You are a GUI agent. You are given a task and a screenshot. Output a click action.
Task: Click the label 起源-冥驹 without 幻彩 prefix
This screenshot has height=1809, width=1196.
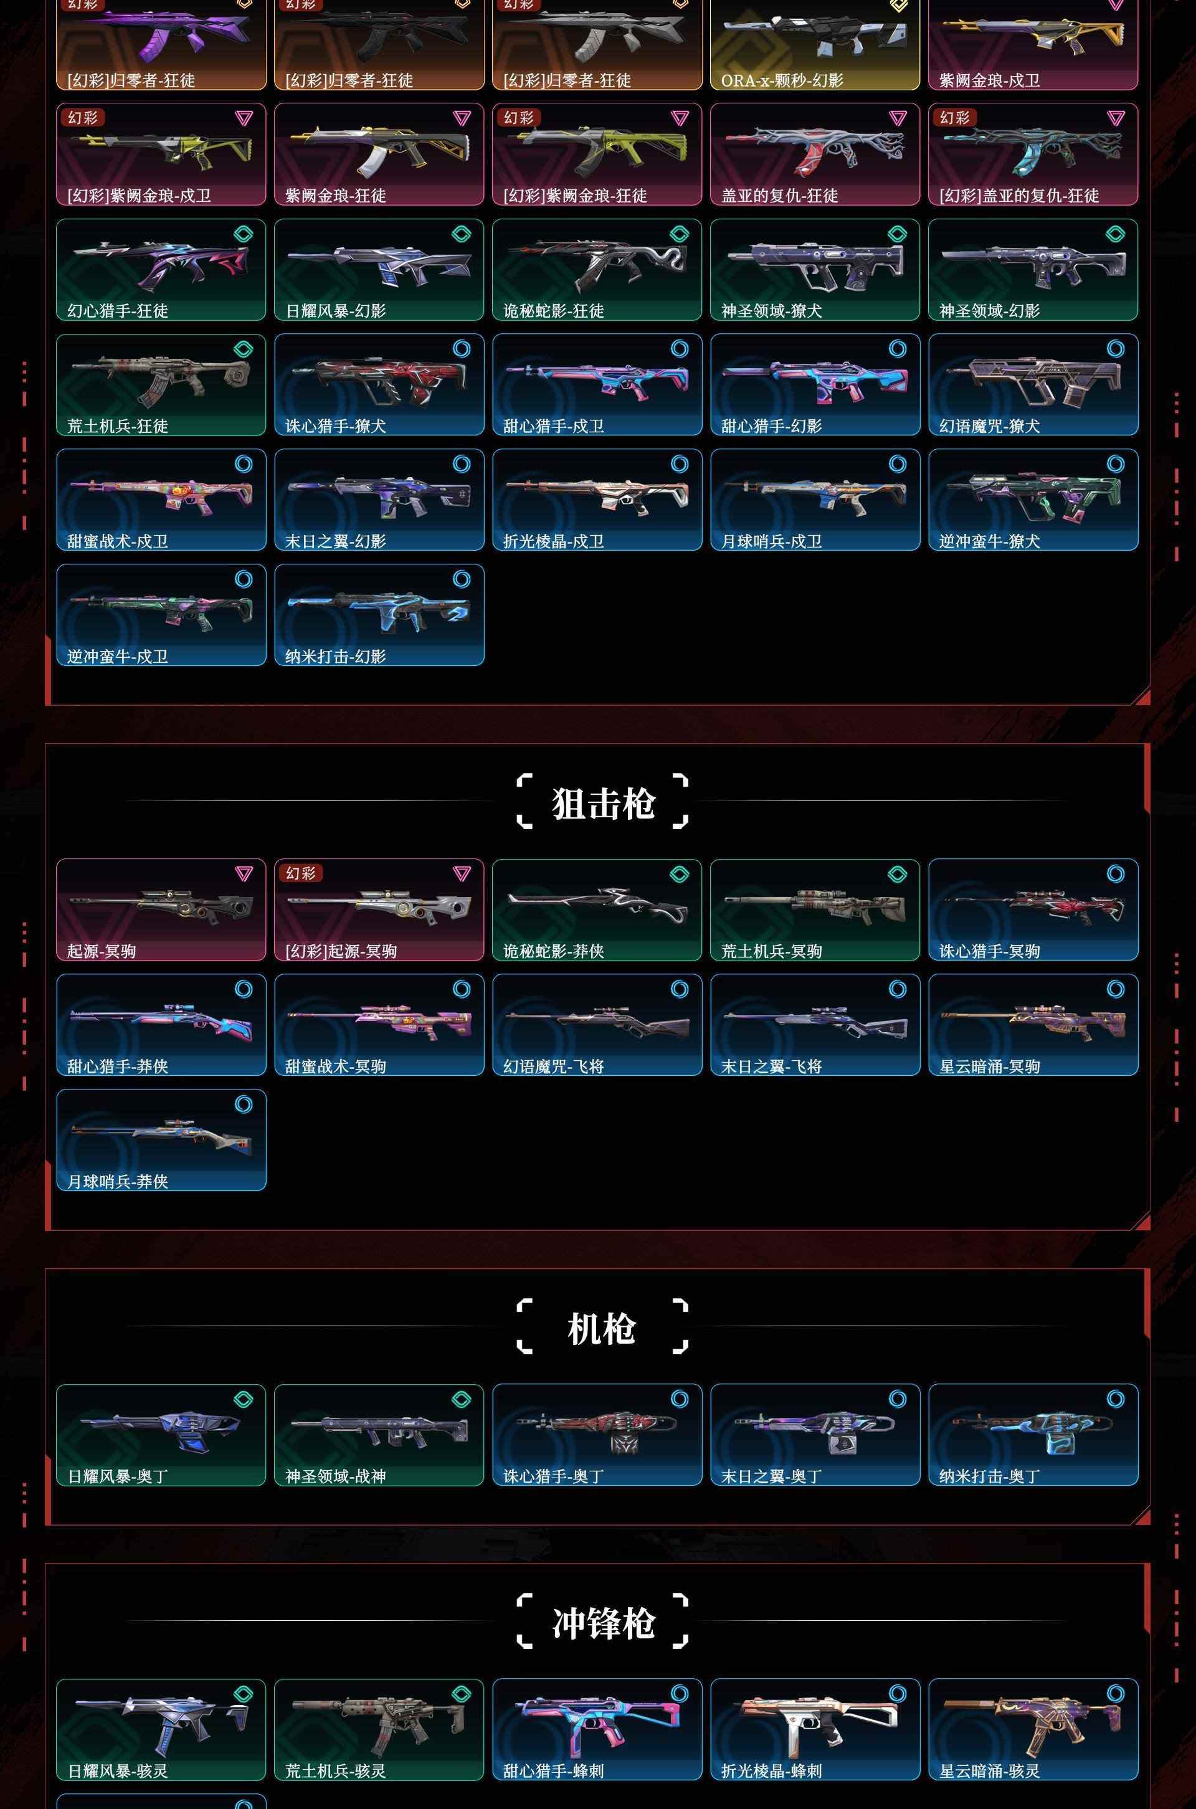pyautogui.click(x=102, y=951)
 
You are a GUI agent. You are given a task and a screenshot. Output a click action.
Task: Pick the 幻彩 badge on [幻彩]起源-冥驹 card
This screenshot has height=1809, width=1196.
pyautogui.click(x=300, y=873)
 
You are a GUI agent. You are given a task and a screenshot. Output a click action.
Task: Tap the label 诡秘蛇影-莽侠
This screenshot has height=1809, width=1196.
pyautogui.click(x=554, y=951)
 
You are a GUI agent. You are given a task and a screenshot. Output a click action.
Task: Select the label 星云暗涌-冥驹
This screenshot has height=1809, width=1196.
pyautogui.click(x=989, y=1066)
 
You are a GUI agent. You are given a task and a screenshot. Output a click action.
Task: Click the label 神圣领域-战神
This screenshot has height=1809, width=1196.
pyautogui.click(x=336, y=1476)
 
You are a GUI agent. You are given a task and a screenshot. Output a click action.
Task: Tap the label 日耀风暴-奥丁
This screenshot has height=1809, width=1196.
pyautogui.click(x=118, y=1476)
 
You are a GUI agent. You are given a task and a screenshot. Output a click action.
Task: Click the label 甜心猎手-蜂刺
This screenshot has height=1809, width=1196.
pyautogui.click(x=554, y=1771)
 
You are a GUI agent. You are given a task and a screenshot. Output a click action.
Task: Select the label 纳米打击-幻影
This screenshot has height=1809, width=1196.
pyautogui.click(x=336, y=657)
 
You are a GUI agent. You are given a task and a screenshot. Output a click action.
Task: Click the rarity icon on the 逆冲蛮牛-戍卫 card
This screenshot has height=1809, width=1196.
pyautogui.click(x=244, y=579)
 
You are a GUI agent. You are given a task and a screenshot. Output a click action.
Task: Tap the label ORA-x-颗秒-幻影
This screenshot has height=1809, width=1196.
pyautogui.click(x=782, y=80)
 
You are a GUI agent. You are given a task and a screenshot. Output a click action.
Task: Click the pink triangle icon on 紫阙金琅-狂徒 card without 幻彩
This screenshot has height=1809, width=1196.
pyautogui.click(x=462, y=118)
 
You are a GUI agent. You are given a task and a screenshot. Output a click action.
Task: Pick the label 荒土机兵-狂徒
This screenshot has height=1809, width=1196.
pyautogui.click(x=118, y=426)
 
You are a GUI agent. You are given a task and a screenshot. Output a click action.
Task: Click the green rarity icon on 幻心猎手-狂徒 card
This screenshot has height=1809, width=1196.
pyautogui.click(x=244, y=234)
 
